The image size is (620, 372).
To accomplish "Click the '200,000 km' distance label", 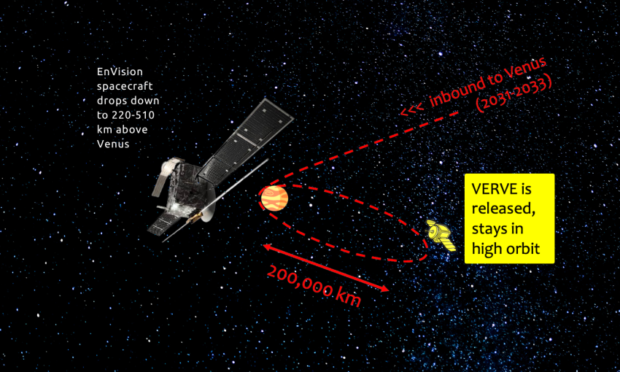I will click(313, 284).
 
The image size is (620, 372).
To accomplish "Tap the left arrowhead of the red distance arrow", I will click(267, 248).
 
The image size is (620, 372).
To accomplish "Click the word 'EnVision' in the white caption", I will click(120, 72).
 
